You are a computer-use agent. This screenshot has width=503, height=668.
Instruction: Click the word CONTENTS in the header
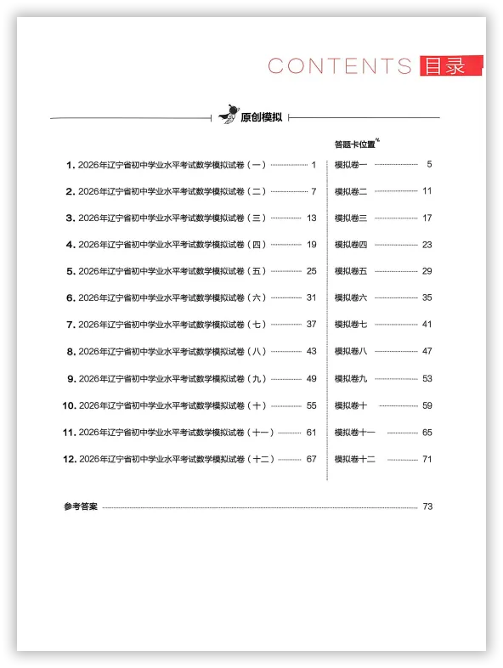pos(340,66)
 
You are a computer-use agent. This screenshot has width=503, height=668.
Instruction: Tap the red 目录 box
pos(449,66)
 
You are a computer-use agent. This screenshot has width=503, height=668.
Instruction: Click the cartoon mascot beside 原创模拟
pos(227,116)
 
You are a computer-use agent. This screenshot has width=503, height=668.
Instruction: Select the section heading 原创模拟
pos(262,118)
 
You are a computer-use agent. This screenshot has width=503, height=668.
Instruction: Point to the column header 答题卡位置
pos(355,144)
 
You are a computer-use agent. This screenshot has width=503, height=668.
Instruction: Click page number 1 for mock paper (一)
pos(314,165)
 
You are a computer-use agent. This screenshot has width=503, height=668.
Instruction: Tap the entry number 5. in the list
pos(71,271)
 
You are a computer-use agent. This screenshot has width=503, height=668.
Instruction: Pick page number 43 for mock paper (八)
pos(311,351)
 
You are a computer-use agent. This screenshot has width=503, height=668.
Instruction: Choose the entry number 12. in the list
pos(70,459)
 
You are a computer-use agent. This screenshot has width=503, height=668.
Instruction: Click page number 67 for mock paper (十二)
pos(311,459)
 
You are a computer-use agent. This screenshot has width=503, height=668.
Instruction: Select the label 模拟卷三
pos(351,218)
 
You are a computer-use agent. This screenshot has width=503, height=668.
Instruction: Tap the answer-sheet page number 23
pos(427,245)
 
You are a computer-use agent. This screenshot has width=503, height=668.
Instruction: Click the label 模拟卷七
pos(351,325)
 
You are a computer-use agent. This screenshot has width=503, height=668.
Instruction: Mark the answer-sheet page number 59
pos(427,405)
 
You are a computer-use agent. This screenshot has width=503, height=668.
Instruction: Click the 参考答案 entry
pos(81,507)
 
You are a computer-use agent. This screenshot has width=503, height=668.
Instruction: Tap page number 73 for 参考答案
pos(427,507)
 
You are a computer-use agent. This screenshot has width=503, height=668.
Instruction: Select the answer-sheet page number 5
pos(429,164)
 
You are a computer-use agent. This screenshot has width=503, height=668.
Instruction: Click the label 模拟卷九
pos(351,378)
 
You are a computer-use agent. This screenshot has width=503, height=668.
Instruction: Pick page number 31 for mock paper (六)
pos(311,298)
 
